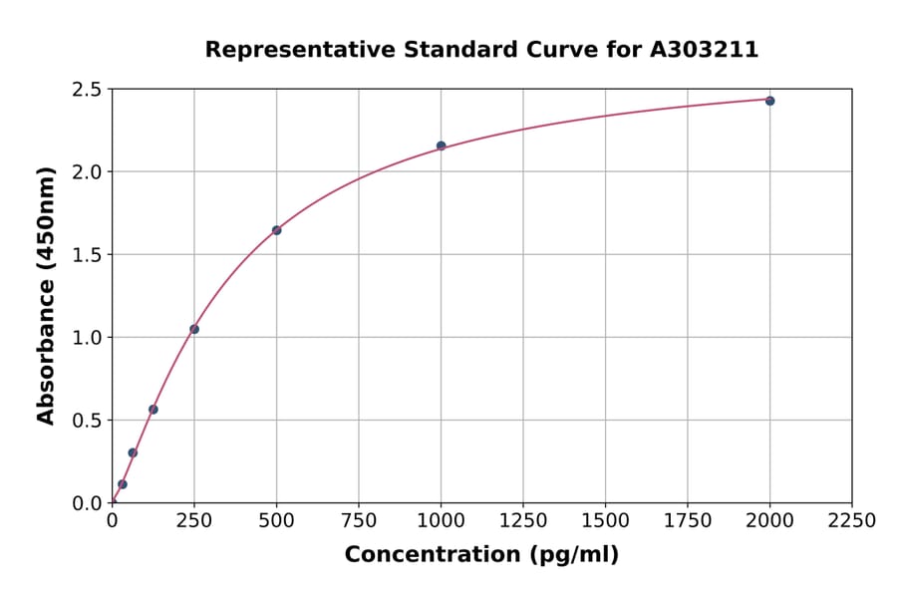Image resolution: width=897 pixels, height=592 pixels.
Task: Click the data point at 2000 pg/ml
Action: pos(769,101)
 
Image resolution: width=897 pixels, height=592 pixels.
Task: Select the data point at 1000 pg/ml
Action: pos(441,146)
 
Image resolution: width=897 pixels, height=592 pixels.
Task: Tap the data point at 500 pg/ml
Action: pos(276,230)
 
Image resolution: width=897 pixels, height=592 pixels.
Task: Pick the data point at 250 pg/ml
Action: pos(194,329)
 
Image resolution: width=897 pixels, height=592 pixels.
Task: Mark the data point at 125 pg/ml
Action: pos(153,410)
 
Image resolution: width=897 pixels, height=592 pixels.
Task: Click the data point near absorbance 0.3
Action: pos(133,452)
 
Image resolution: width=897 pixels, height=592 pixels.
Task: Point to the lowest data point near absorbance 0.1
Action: pos(123,484)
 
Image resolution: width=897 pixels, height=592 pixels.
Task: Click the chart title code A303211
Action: pos(704,50)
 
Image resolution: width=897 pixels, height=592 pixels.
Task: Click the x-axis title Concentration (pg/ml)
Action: pos(481,555)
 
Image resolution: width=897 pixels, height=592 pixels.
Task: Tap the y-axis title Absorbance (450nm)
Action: pos(46,295)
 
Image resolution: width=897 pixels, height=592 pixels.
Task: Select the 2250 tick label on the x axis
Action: pos(851,521)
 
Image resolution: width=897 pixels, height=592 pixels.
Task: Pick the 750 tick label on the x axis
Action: pos(359,521)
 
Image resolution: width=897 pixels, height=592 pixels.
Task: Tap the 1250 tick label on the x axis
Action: pos(523,521)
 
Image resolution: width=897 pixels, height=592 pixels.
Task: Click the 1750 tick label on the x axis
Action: pos(687,521)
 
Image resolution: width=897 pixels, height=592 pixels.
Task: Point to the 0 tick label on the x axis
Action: pos(113,521)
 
